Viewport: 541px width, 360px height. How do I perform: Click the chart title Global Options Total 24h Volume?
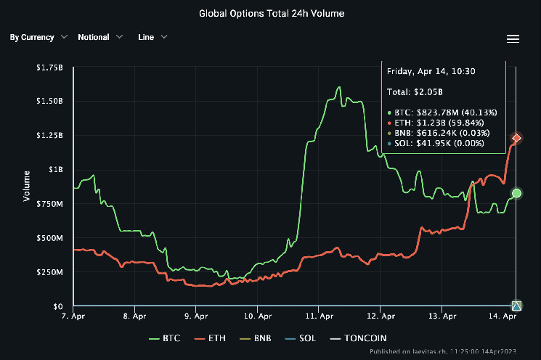pos(270,13)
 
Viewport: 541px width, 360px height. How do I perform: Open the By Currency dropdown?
pos(38,37)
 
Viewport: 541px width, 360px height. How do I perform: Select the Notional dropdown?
pos(100,37)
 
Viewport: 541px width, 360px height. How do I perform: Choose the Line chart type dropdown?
pos(152,37)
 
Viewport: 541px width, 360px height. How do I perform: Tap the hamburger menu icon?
pos(513,38)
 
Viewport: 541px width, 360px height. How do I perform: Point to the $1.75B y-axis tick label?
pos(49,67)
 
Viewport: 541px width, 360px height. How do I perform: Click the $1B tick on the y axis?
pos(56,170)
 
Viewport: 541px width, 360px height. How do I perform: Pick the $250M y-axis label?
pos(51,273)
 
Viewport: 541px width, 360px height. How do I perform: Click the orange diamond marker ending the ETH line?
pos(517,138)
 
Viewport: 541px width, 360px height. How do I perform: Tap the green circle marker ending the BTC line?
pos(517,193)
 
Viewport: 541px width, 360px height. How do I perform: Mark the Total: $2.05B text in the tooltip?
pos(415,92)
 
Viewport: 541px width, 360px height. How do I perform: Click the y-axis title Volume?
pos(28,186)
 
